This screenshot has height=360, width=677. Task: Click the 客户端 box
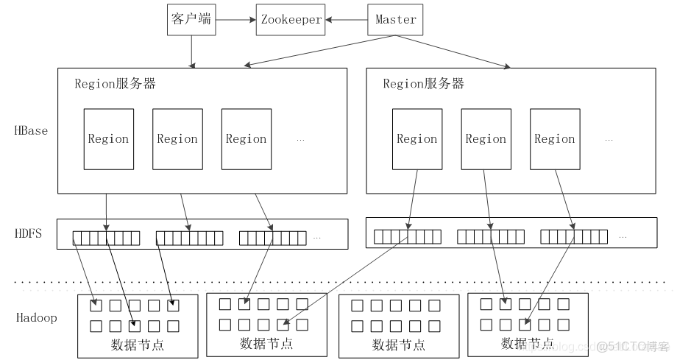point(191,20)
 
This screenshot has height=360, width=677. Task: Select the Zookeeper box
point(291,20)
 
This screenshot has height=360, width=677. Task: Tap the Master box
point(395,20)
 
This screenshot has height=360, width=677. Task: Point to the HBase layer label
point(31,130)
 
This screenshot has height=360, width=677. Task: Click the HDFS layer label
point(29,233)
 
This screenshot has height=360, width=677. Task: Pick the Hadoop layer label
point(37,318)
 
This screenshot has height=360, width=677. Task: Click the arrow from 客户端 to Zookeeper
point(235,19)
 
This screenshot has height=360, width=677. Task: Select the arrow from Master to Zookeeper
point(347,19)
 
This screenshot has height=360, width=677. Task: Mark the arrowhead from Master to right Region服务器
point(506,66)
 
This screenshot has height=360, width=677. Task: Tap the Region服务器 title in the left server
point(116,83)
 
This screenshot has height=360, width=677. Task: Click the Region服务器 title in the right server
point(424,83)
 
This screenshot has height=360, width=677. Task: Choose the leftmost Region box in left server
point(109,139)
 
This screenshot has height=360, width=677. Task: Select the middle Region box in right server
point(486,139)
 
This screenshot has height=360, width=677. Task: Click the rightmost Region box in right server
point(555,139)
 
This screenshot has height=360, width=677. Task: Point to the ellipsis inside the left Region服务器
point(300,140)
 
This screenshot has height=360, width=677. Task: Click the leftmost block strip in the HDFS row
point(106,239)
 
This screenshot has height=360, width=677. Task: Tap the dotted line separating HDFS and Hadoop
point(341,282)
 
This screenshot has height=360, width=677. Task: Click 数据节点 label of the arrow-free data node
point(399,345)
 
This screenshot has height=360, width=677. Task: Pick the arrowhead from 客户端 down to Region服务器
point(192,66)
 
